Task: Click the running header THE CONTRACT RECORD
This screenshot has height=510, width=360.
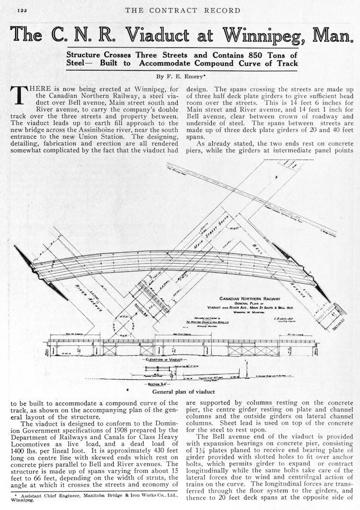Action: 182,10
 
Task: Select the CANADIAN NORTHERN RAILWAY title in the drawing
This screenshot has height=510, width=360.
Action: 250,299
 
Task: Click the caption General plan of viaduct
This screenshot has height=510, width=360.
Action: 183,392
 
